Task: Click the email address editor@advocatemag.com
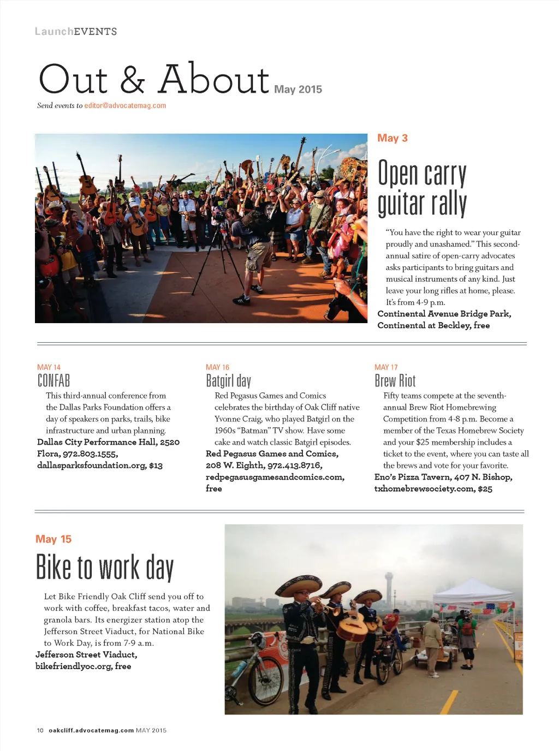tap(125, 105)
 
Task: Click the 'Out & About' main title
tap(154, 80)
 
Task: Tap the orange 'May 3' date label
tap(393, 138)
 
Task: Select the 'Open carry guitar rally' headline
tap(422, 188)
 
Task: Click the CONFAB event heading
tap(53, 380)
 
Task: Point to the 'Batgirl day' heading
tap(228, 380)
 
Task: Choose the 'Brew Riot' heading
tap(395, 380)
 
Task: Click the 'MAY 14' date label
tap(49, 367)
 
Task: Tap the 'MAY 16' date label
tap(217, 367)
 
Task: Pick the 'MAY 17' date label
tap(386, 367)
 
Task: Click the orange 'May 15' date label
tap(53, 539)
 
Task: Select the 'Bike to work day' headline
tap(104, 568)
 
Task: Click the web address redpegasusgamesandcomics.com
tap(275, 477)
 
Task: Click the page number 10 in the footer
tap(40, 730)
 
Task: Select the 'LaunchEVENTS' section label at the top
tap(76, 32)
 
